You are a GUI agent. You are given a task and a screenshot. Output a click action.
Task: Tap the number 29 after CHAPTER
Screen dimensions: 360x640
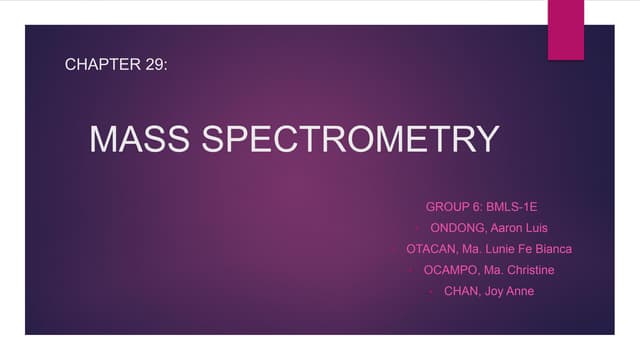coord(160,65)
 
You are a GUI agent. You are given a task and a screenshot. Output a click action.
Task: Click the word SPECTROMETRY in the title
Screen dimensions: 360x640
coord(352,139)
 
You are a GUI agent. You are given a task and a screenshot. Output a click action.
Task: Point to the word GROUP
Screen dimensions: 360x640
coord(448,207)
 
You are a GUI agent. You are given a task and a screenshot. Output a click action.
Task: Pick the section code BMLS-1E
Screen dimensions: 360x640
coord(512,207)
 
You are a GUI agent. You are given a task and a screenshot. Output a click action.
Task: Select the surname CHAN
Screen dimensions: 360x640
coord(463,291)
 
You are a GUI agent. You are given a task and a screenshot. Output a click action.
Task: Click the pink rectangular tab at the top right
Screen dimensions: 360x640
coord(565,28)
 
